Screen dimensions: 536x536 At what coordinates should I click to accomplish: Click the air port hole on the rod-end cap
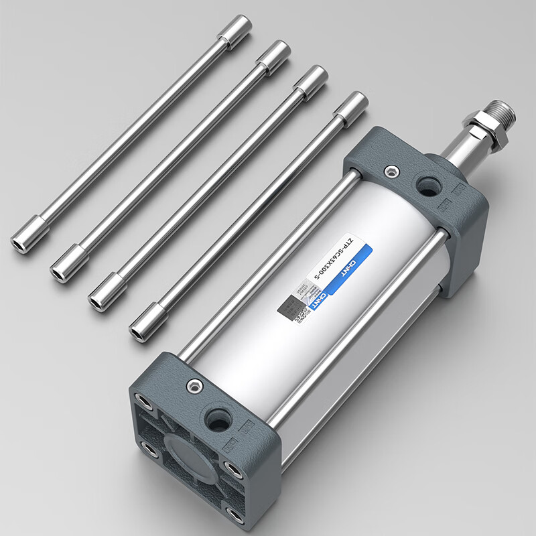click(426, 185)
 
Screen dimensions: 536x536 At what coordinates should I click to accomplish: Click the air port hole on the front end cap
click(218, 420)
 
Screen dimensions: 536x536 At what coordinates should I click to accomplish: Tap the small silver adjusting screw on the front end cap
click(194, 386)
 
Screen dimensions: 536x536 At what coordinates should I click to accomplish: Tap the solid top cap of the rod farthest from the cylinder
click(238, 30)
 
